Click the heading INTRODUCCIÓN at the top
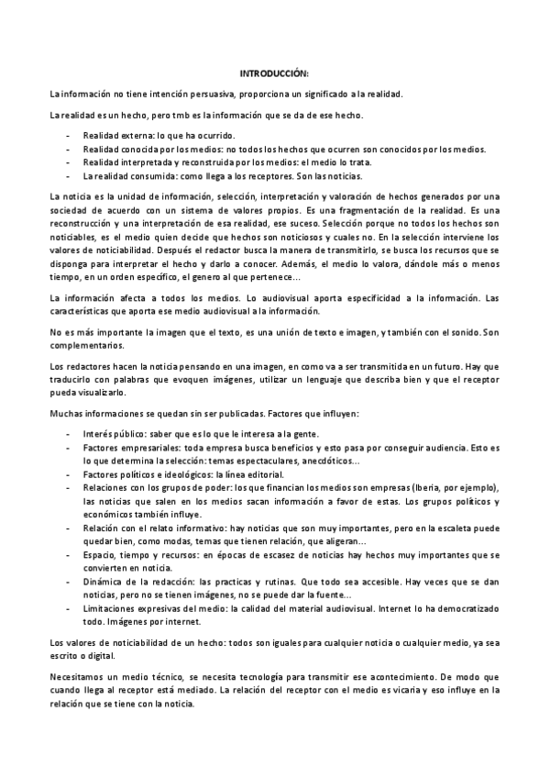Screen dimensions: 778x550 (274, 72)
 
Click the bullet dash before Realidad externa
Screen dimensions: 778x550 (69, 135)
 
